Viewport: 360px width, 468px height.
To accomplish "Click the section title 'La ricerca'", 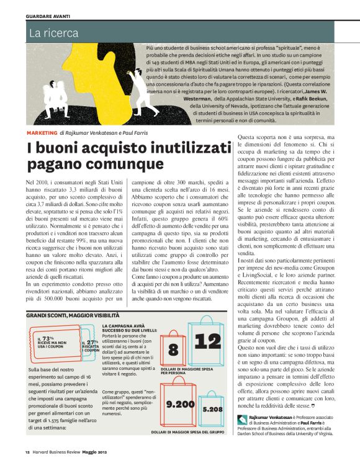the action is [x=50, y=30].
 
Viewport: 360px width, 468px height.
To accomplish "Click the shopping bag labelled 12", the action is [x=212, y=341].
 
